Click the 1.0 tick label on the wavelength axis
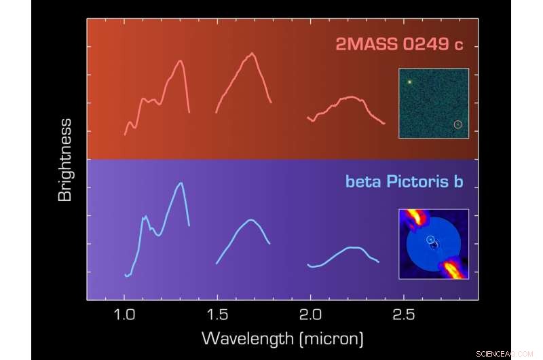point(124,316)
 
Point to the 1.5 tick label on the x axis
point(217,316)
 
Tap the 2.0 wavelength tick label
point(310,316)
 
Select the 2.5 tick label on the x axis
point(403,316)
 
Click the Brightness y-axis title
point(65,160)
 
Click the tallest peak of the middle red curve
point(252,53)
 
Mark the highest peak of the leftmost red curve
point(181,60)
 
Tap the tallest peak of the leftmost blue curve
point(181,183)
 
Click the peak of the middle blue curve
point(251,219)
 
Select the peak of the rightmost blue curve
point(353,247)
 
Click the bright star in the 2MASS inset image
point(410,82)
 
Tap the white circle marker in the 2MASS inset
point(457,124)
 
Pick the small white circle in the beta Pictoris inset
point(430,239)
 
